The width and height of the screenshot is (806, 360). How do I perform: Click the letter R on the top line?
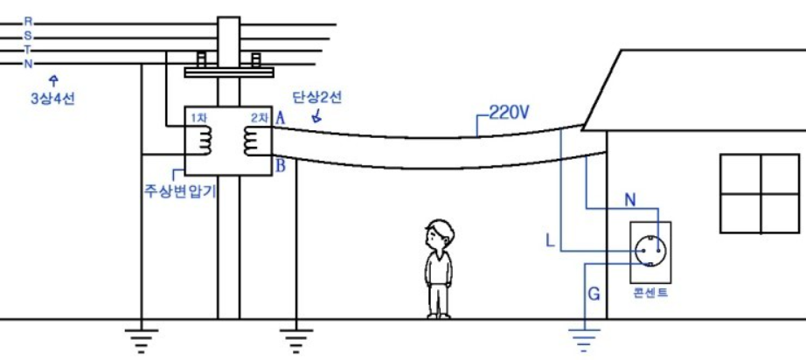tap(28, 20)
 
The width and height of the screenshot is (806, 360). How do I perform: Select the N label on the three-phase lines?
tap(28, 63)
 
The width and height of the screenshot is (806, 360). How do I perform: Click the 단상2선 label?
tap(316, 98)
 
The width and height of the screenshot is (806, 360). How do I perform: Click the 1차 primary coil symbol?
tap(204, 140)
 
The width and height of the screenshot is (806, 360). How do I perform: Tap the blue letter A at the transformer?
tap(281, 117)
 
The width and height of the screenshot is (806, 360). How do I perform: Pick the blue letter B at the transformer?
tap(281, 167)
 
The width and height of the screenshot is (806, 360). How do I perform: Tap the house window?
tap(760, 194)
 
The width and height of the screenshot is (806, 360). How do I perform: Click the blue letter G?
tap(594, 294)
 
